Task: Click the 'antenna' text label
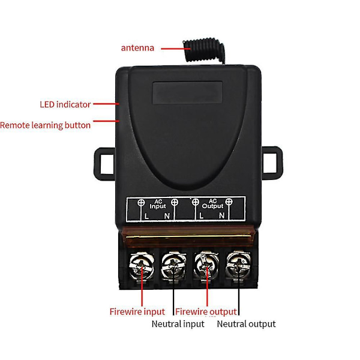137,48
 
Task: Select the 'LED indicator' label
65,104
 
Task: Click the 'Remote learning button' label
46,125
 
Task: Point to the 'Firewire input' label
137,311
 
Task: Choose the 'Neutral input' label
178,324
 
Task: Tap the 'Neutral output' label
246,324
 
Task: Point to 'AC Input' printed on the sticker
157,203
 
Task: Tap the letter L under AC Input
146,215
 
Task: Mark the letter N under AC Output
221,215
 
